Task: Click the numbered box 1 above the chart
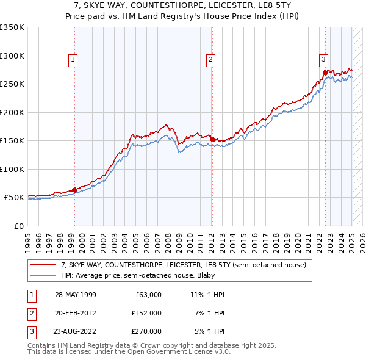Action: click(x=73, y=59)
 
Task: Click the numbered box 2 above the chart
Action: click(x=210, y=59)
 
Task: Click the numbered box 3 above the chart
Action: click(x=323, y=59)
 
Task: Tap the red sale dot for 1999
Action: click(x=74, y=190)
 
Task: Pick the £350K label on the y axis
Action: click(x=12, y=27)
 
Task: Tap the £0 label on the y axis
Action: click(x=18, y=226)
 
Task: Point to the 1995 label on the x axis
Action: click(x=28, y=238)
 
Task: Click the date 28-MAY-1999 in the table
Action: click(x=76, y=295)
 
